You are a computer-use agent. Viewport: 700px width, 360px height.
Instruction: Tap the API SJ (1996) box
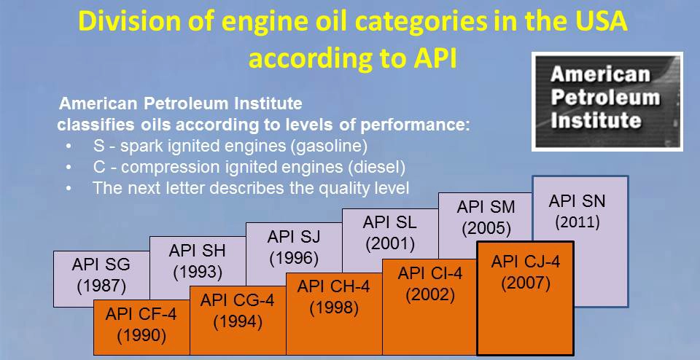(294, 248)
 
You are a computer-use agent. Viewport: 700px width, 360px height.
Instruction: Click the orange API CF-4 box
(141, 327)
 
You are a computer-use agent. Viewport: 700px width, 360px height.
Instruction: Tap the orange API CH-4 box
(334, 313)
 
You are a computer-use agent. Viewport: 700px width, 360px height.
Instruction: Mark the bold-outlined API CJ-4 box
(526, 298)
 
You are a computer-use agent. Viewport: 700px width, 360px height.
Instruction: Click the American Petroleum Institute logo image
(607, 102)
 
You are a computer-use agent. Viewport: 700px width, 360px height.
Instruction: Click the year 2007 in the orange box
(526, 283)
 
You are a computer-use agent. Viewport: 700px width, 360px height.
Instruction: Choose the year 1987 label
(101, 286)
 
